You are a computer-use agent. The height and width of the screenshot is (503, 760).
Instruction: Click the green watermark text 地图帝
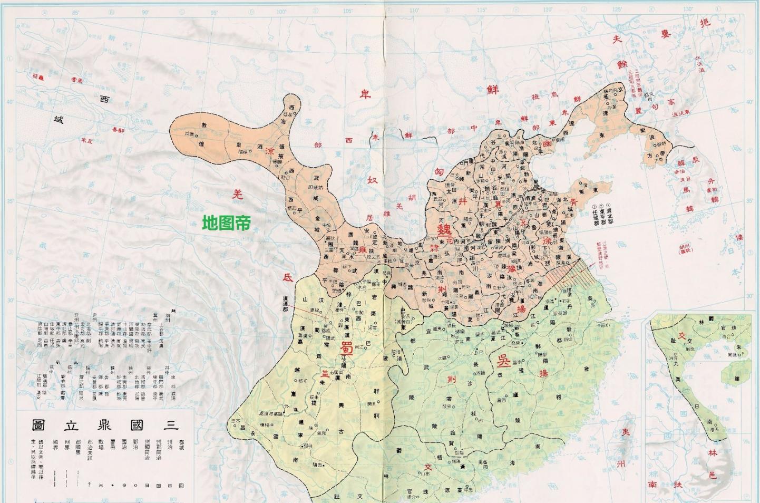click(226, 223)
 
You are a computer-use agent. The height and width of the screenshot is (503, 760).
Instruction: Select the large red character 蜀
click(346, 348)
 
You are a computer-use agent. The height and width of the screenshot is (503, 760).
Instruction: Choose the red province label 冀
click(498, 203)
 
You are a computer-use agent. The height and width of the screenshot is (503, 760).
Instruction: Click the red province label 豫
click(510, 268)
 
